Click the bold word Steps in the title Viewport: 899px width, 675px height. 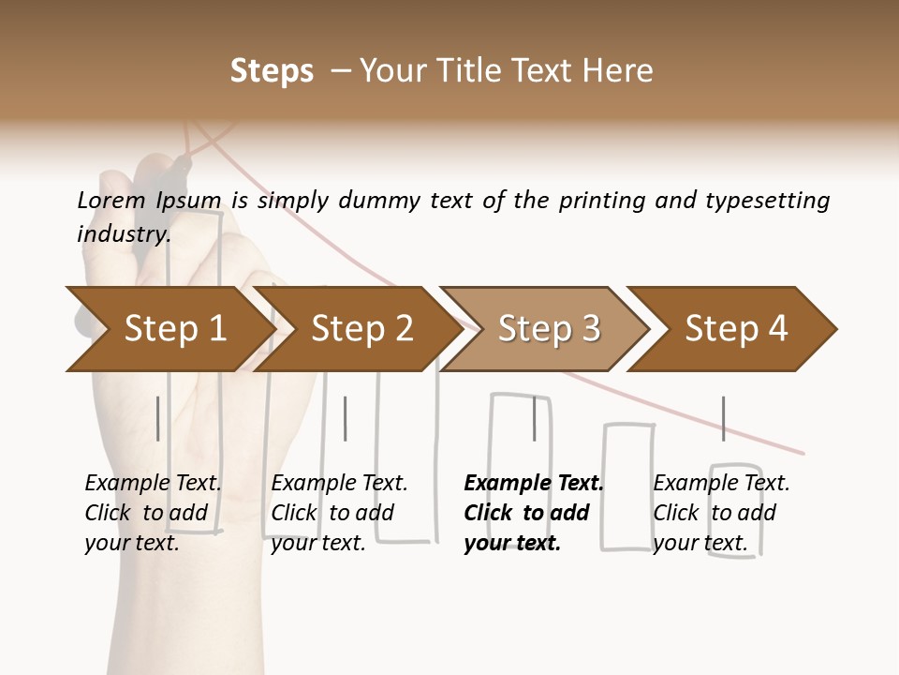point(272,71)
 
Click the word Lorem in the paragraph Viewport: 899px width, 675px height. point(109,200)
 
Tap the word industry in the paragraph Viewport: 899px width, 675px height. point(123,233)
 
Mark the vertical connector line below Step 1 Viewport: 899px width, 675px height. point(158,418)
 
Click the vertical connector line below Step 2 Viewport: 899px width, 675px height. point(346,418)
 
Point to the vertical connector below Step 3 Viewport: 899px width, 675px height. point(535,418)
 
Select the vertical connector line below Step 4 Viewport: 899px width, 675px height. point(723,418)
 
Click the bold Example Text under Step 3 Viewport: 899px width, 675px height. point(534,484)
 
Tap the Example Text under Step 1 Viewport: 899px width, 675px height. point(154,484)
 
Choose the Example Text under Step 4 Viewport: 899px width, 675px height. point(721,484)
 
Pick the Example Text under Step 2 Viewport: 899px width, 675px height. point(339,484)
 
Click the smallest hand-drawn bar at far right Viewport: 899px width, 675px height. point(736,510)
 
